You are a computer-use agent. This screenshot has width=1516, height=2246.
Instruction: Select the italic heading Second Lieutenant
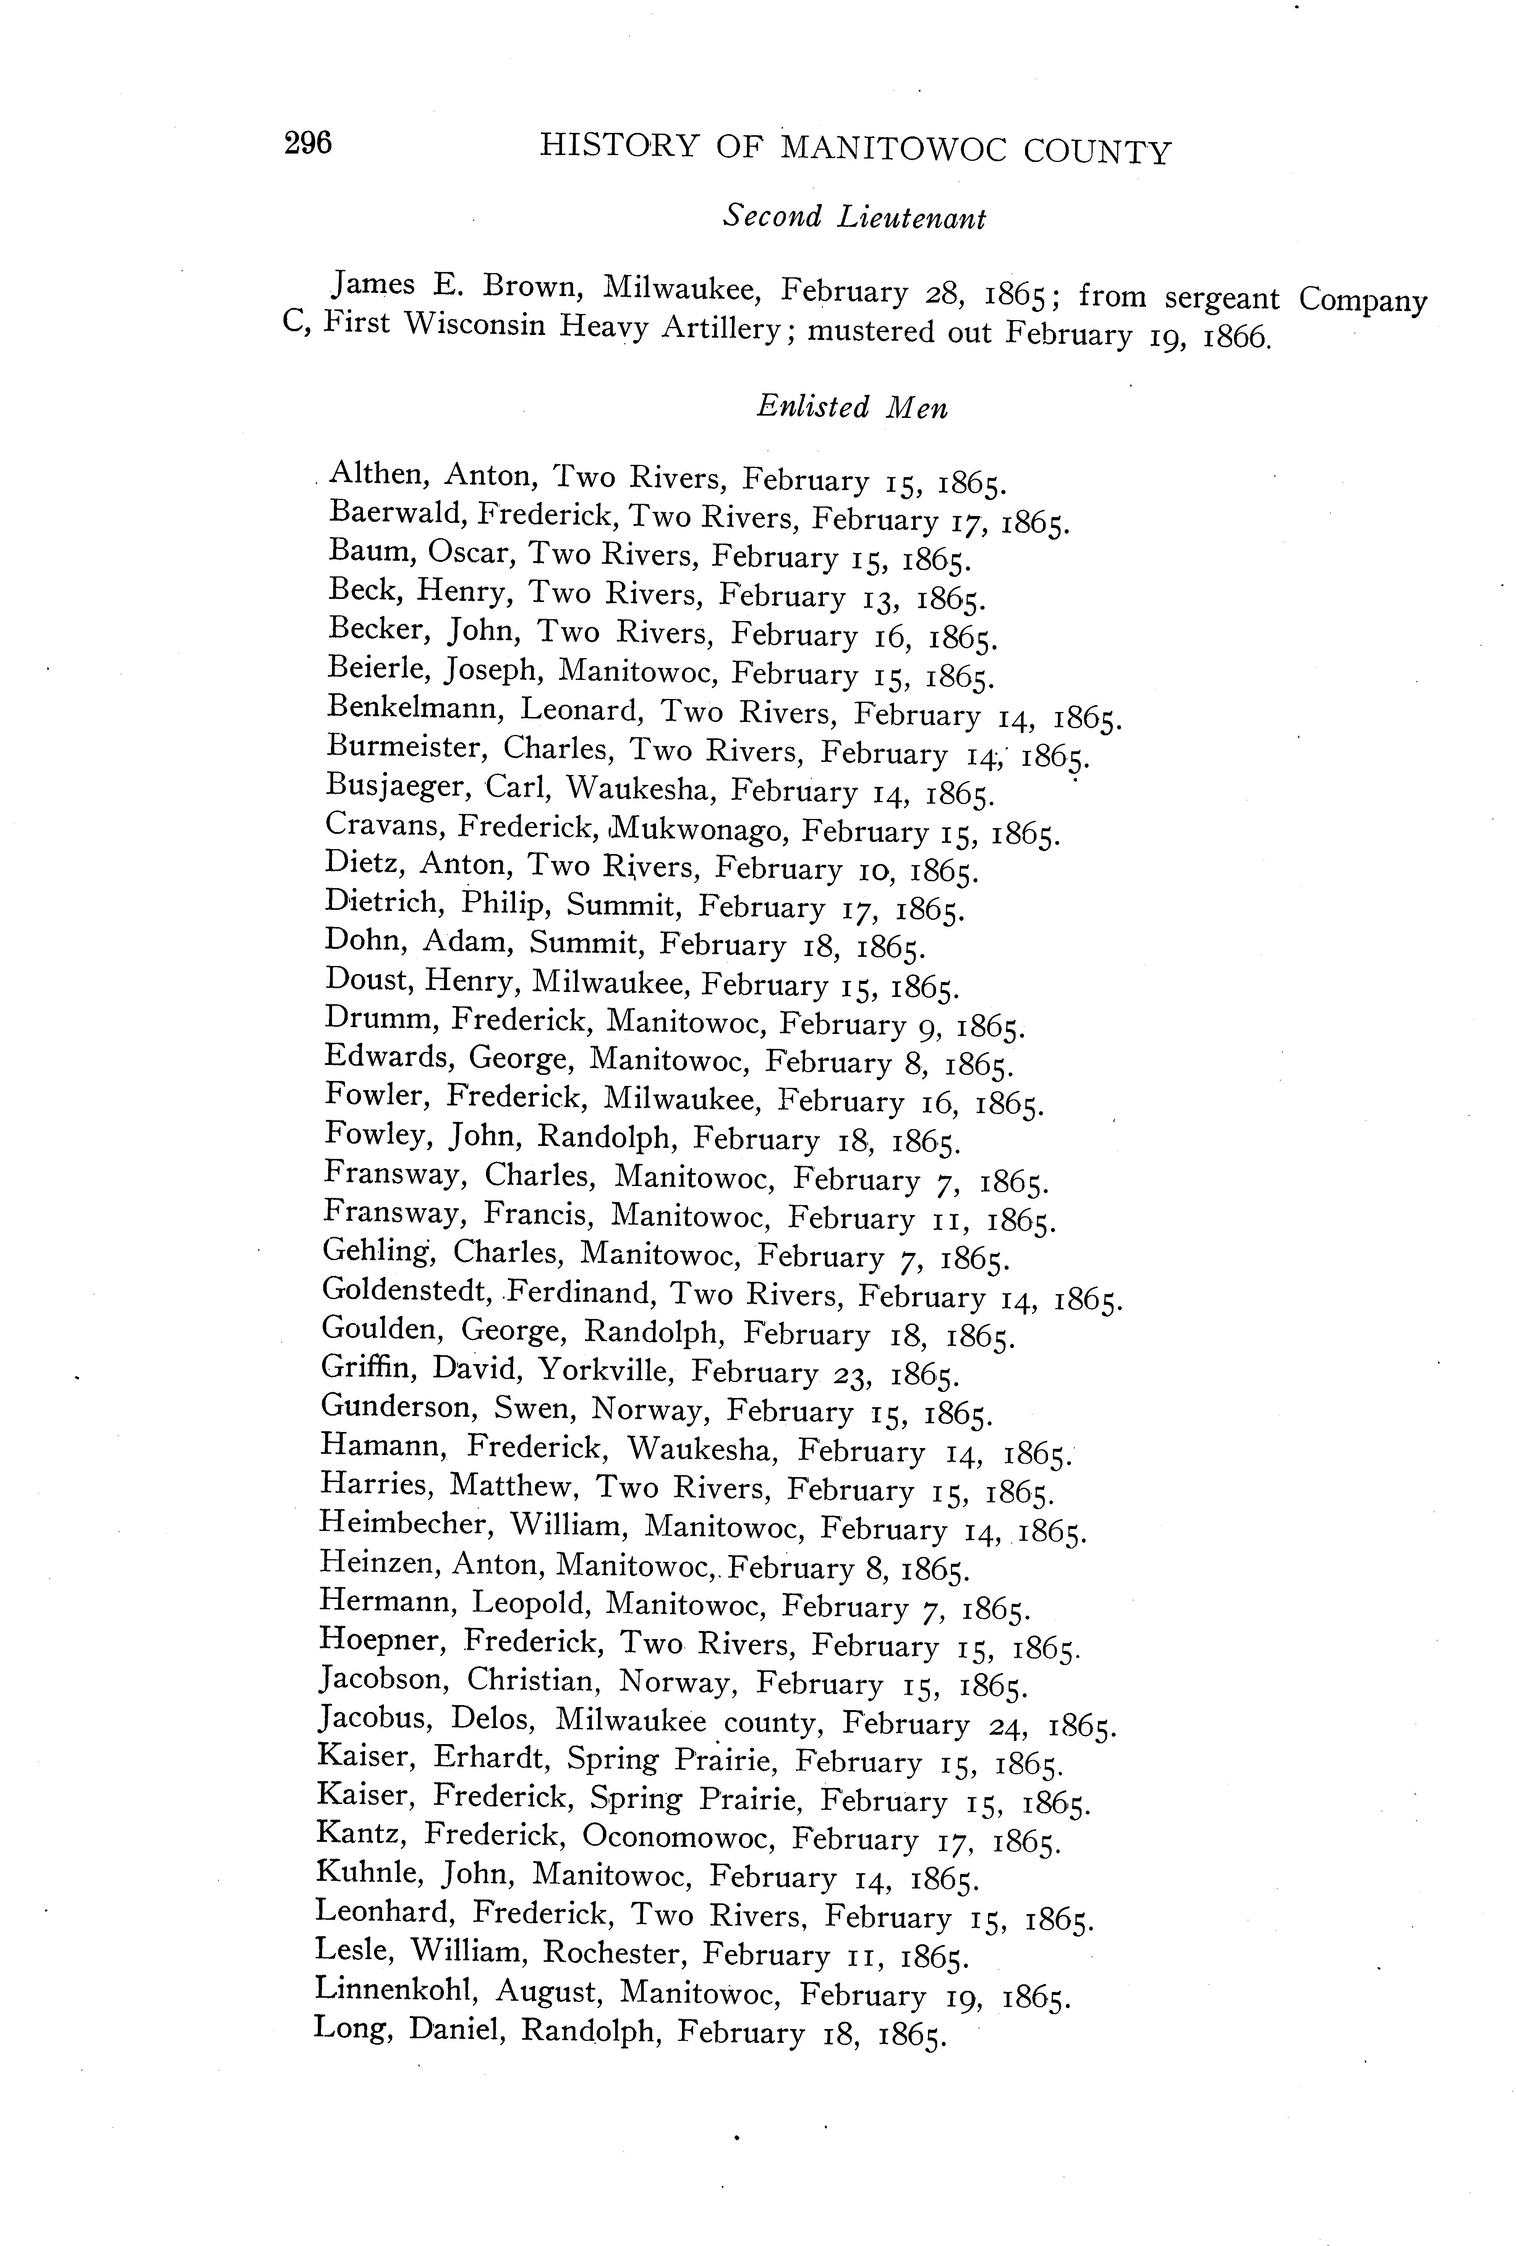854,217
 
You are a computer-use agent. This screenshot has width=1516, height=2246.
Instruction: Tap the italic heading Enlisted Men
852,407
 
